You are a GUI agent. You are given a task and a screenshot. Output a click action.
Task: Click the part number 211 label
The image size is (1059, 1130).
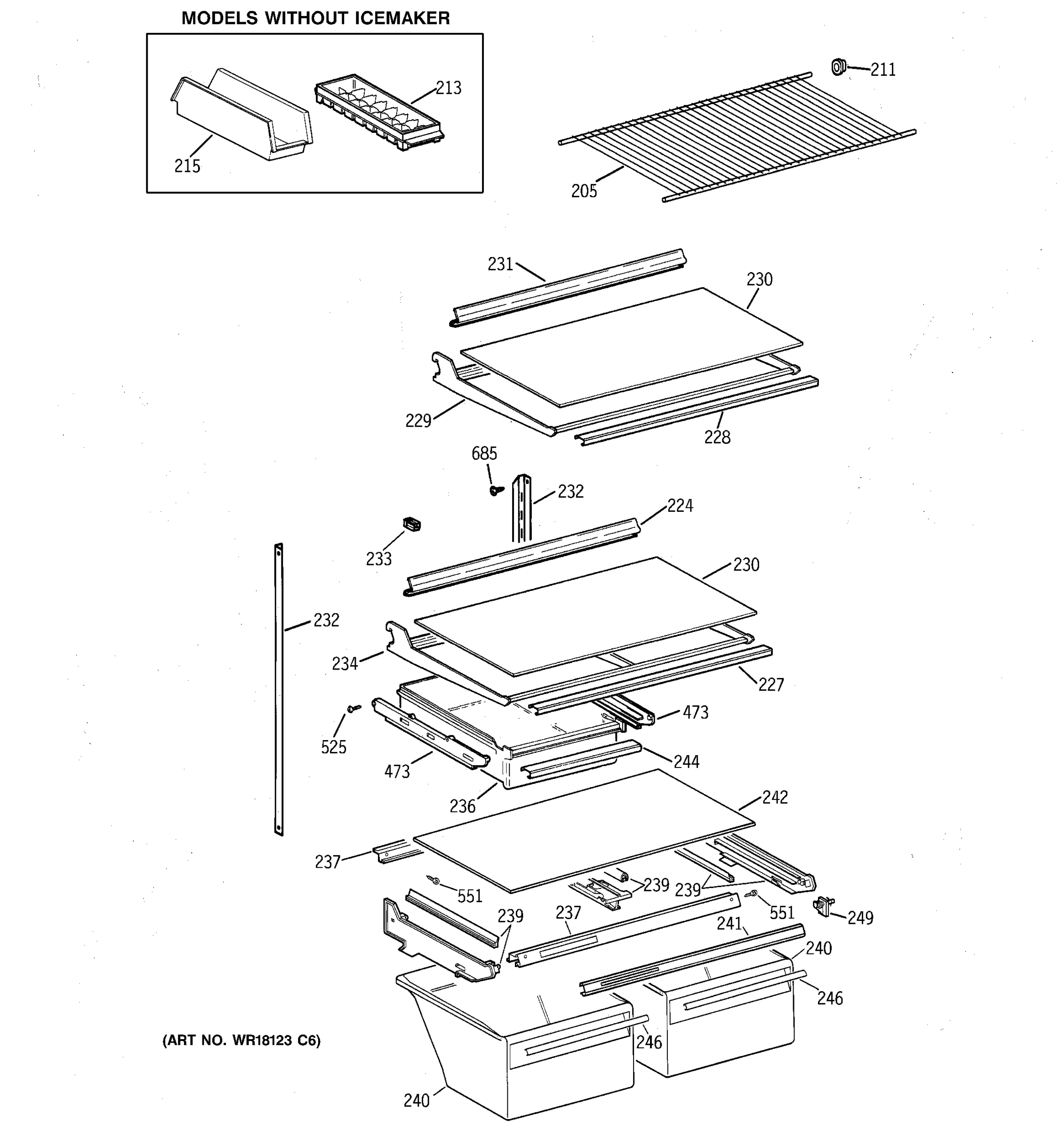[883, 70]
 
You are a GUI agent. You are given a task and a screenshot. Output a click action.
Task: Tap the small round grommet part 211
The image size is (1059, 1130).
[838, 67]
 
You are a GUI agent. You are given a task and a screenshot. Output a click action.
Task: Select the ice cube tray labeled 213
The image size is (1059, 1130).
[379, 113]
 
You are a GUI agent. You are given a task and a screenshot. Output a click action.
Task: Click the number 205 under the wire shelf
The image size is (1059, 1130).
[584, 192]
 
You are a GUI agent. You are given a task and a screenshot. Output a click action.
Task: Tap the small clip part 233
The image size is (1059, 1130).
[411, 524]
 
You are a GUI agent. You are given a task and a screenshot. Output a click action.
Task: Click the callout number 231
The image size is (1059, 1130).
[500, 264]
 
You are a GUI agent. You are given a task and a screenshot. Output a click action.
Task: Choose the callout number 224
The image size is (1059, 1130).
[680, 505]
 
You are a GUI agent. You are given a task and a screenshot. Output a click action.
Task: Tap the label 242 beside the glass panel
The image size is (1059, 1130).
[774, 798]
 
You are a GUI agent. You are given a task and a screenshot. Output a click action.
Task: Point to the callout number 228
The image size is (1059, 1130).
[717, 437]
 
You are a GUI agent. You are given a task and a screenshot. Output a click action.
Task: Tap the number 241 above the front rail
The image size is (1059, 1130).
[729, 924]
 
